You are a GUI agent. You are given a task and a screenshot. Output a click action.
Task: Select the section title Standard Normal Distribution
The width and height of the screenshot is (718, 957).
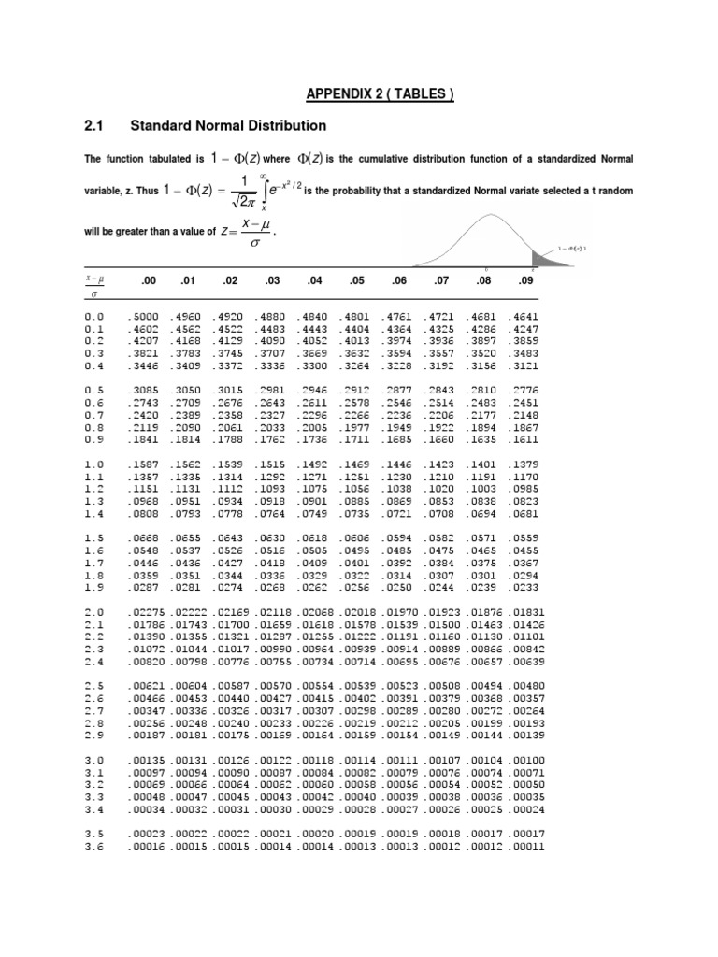(x=228, y=124)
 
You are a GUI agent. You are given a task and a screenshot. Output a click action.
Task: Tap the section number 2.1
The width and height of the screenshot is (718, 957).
(x=97, y=124)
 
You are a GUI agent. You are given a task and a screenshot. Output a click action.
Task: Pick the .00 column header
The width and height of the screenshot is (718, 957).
(x=147, y=281)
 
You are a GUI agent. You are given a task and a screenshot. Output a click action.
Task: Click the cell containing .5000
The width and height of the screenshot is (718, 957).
(x=145, y=317)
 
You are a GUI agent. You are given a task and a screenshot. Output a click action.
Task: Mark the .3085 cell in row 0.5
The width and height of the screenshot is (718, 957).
(x=145, y=390)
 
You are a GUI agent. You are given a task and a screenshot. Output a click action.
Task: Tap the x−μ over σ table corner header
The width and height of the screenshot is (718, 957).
(x=95, y=284)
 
